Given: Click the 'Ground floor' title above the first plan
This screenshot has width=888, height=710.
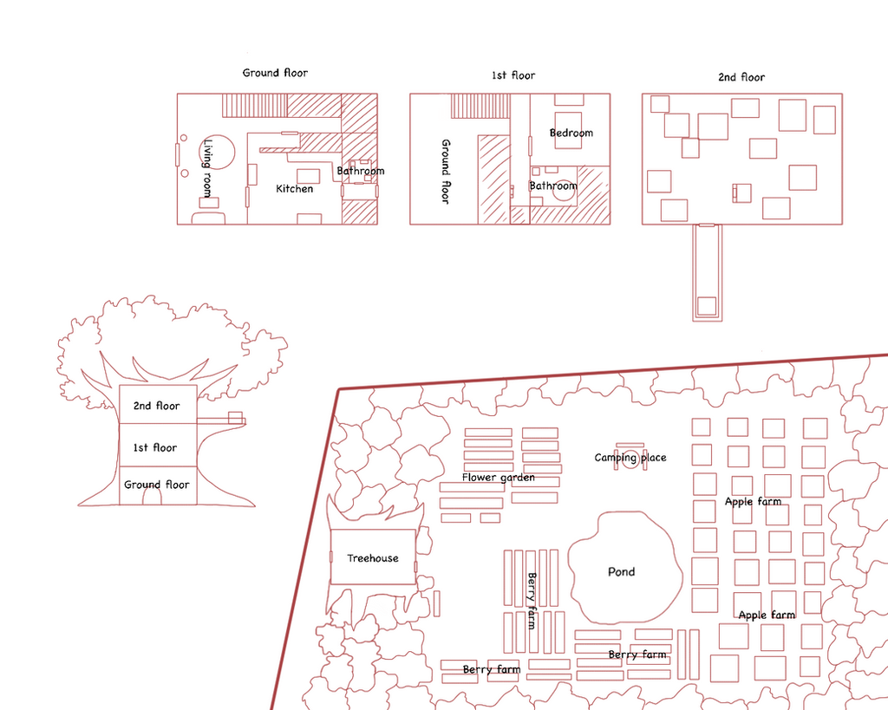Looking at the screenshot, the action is pyautogui.click(x=275, y=73).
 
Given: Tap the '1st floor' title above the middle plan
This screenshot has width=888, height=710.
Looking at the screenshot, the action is pyautogui.click(x=513, y=75).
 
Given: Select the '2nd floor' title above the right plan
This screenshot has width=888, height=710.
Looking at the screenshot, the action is pyautogui.click(x=741, y=77).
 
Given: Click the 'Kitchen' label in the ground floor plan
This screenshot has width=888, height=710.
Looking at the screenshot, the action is pyautogui.click(x=295, y=188).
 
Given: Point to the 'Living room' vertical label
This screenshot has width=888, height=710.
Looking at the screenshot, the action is pyautogui.click(x=208, y=168).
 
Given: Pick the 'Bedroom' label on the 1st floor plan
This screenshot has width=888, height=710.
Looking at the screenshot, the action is pyautogui.click(x=571, y=133).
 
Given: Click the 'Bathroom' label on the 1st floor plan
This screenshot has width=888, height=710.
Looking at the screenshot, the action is pyautogui.click(x=553, y=186).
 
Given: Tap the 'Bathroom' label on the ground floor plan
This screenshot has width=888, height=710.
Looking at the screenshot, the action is pyautogui.click(x=361, y=171).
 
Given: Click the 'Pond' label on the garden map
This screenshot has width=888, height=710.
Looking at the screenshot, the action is pyautogui.click(x=621, y=572).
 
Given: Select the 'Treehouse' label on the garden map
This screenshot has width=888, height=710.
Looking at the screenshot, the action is pyautogui.click(x=373, y=558).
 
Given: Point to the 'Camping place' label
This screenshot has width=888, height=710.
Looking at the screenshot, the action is pyautogui.click(x=630, y=458).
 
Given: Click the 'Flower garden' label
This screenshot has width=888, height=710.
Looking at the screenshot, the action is pyautogui.click(x=499, y=478).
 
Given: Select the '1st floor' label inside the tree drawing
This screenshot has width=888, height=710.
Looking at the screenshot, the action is pyautogui.click(x=155, y=448).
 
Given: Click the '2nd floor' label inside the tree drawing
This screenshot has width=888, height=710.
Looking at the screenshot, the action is pyautogui.click(x=156, y=406).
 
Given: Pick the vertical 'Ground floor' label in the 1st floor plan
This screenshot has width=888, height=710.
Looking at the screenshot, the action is pyautogui.click(x=446, y=172).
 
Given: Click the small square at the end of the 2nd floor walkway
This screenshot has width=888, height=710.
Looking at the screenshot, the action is pyautogui.click(x=707, y=306).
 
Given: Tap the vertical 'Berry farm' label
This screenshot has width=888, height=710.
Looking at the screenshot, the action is pyautogui.click(x=532, y=601).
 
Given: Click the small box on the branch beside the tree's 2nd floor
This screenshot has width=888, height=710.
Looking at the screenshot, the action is pyautogui.click(x=235, y=418).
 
